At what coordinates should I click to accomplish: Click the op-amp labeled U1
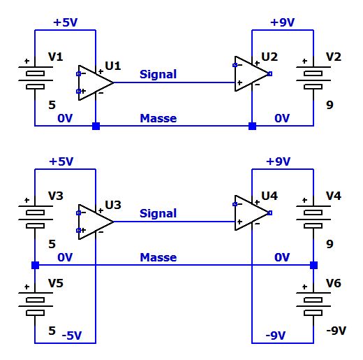(96, 82)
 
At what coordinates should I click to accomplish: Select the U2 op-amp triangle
(252, 73)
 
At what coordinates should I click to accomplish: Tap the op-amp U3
(96, 222)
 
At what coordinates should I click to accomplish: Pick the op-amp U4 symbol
(252, 213)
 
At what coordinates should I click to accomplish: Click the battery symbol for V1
(35, 78)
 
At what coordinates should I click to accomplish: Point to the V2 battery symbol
(313, 78)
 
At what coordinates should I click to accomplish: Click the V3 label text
(56, 196)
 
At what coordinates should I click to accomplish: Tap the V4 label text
(334, 196)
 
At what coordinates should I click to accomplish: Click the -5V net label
(72, 336)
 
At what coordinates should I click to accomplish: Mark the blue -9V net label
(276, 336)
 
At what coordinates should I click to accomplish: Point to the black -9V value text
(336, 331)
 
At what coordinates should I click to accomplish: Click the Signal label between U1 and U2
(158, 75)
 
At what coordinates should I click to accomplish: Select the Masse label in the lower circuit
(158, 257)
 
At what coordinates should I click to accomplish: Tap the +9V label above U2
(283, 22)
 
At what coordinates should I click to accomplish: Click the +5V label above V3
(61, 161)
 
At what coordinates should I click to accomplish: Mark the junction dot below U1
(96, 126)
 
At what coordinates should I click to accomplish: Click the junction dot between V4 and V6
(313, 265)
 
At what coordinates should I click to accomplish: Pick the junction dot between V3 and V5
(35, 265)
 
